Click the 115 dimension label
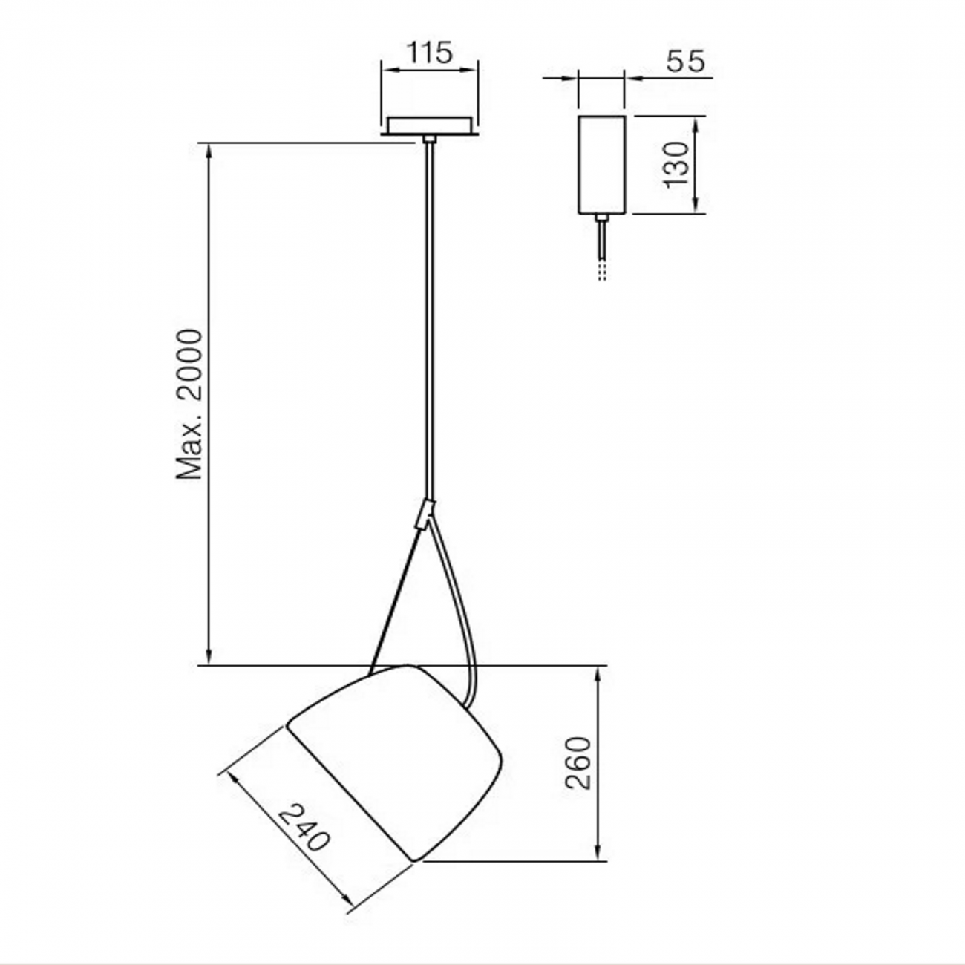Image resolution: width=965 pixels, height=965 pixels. (x=429, y=53)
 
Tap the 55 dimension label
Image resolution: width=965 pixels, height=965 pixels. (x=684, y=61)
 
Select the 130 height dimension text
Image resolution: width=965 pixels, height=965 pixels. (x=676, y=165)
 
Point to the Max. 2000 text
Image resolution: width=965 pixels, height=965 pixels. (x=189, y=405)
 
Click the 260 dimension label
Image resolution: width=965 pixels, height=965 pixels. (x=578, y=762)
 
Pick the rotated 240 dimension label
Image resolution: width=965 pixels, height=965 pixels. (x=304, y=827)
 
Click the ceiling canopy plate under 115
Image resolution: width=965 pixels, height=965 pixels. (x=429, y=125)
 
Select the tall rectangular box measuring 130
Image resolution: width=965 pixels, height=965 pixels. (x=602, y=165)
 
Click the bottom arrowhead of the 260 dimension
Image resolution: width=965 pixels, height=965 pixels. (x=598, y=854)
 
